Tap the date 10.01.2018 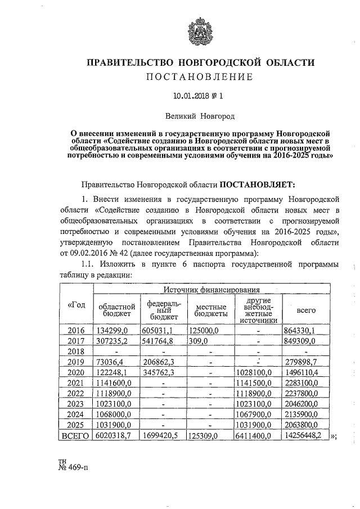pyautogui.click(x=192, y=96)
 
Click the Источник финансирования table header pyautogui.click(x=211, y=290)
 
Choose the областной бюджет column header pyautogui.click(x=115, y=309)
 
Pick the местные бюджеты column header pyautogui.click(x=211, y=309)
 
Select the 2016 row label pyautogui.click(x=75, y=330)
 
